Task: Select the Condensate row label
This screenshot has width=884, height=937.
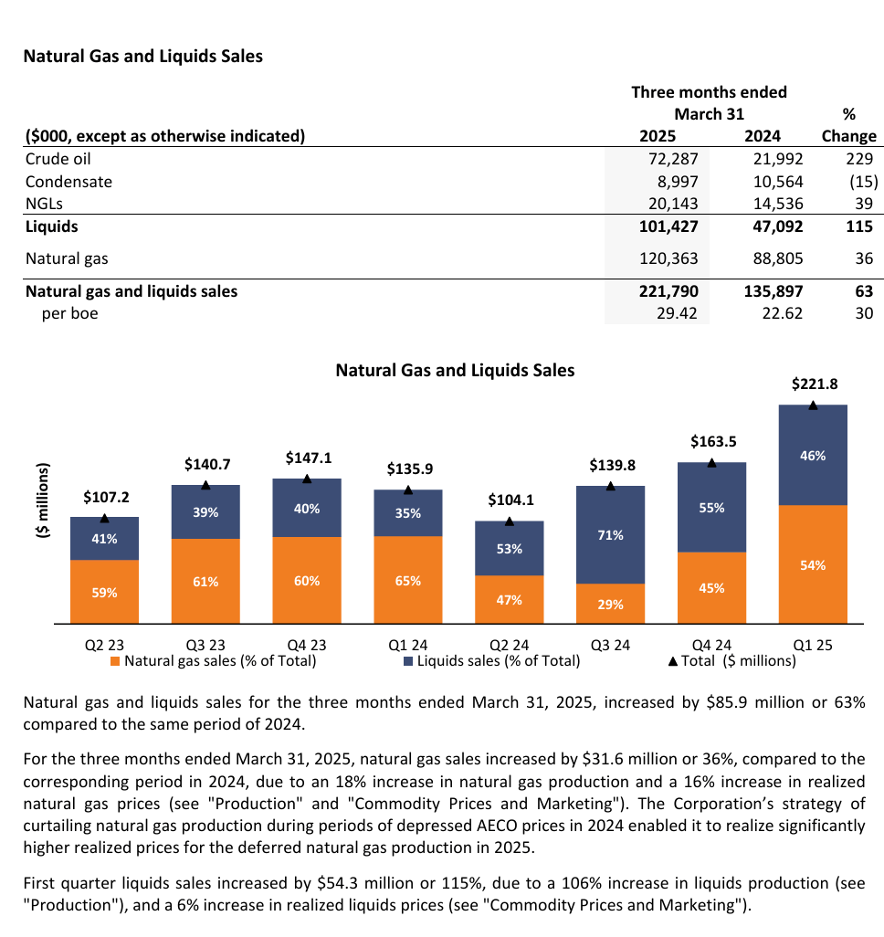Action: (x=68, y=181)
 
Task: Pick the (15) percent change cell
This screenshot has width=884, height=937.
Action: (x=862, y=181)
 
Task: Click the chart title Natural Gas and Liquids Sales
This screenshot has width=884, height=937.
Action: (x=455, y=370)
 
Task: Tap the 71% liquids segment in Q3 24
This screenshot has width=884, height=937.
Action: (x=610, y=535)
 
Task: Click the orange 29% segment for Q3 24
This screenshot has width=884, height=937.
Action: (x=610, y=604)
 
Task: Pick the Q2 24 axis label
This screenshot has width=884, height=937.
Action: (x=509, y=645)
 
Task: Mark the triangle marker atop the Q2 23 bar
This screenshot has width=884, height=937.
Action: (x=105, y=518)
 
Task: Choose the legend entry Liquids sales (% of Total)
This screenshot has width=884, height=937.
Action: (x=498, y=661)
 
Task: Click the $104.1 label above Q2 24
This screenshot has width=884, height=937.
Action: (x=510, y=500)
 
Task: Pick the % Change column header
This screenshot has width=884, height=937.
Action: (x=848, y=126)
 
